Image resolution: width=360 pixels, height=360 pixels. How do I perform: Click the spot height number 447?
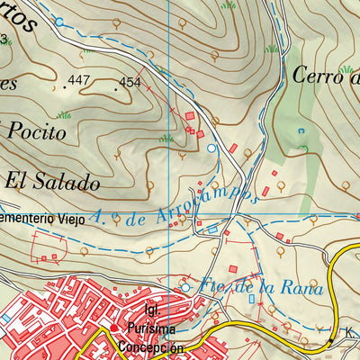point(79,81)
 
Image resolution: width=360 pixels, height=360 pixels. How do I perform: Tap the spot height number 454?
point(131,83)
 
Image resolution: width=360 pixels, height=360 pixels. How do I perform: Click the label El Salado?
point(51,181)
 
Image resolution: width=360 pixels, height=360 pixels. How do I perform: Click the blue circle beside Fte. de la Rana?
point(186,287)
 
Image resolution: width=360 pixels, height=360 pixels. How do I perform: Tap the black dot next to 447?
point(66,86)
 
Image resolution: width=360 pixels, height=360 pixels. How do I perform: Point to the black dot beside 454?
point(117,88)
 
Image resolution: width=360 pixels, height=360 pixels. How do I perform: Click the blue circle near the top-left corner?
point(59,21)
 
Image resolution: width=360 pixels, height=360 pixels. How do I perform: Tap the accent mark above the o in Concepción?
point(170,340)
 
